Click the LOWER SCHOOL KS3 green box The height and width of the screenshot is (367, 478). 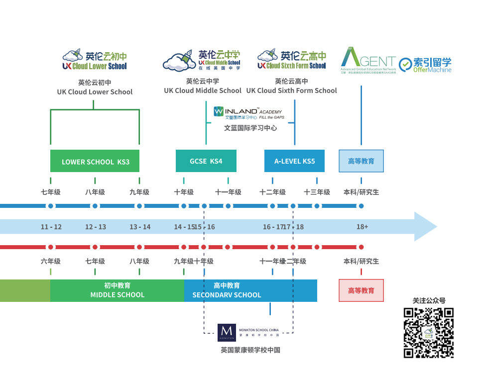(x=95, y=161)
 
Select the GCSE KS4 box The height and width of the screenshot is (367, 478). (x=206, y=161)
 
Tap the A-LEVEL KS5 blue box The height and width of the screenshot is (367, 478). (x=294, y=161)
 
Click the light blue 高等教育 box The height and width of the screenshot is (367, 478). (x=361, y=161)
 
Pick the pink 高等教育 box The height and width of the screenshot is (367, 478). (x=361, y=290)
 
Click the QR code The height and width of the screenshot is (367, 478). (x=429, y=333)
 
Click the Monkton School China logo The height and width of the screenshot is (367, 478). (x=248, y=332)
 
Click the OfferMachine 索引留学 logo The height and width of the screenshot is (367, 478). (x=426, y=65)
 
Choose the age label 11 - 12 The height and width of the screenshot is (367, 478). (x=51, y=227)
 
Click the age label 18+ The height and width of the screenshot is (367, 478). (x=362, y=227)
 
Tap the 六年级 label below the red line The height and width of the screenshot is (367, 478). (x=51, y=261)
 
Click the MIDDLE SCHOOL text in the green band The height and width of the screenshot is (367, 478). (x=117, y=295)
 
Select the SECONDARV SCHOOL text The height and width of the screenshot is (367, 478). (x=227, y=295)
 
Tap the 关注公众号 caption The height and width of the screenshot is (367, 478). (x=429, y=301)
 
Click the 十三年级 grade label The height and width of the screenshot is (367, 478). (x=317, y=192)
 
